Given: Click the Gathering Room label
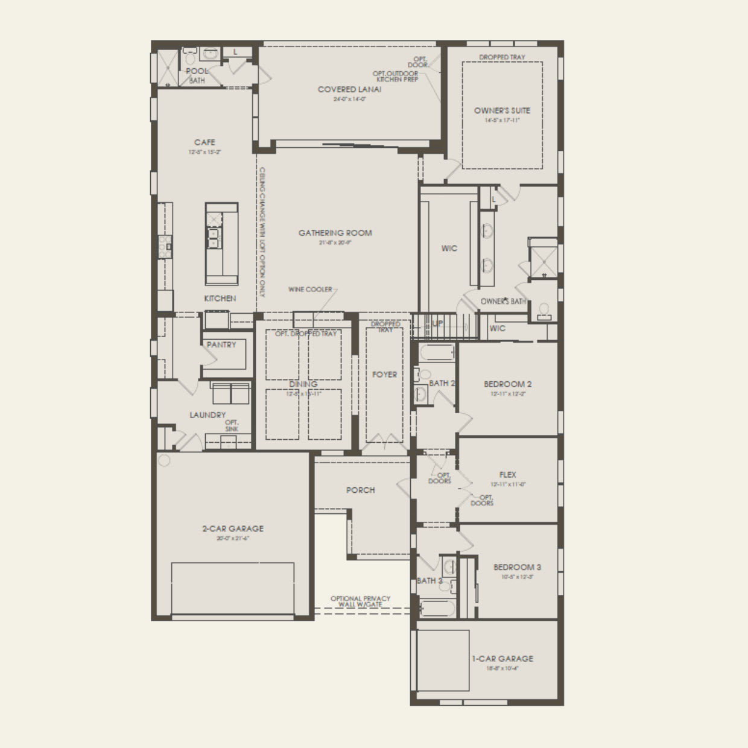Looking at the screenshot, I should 335,233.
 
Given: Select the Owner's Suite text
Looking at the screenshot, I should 502,110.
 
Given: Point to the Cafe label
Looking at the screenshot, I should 204,142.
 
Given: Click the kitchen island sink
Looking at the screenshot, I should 214,238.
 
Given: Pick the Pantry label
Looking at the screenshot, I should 221,344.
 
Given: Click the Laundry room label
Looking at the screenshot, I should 208,415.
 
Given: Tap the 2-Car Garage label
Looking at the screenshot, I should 232,528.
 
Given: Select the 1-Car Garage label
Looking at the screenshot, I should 502,659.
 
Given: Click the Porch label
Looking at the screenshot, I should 360,490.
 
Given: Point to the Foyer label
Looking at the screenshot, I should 384,375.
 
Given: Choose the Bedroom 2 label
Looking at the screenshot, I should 507,384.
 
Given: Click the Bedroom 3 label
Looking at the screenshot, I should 517,567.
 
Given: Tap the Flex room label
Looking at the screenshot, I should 507,475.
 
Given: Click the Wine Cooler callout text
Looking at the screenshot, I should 310,290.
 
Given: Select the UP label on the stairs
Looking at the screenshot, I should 438,324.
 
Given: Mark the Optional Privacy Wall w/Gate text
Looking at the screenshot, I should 360,601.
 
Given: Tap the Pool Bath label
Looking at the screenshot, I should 197,75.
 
